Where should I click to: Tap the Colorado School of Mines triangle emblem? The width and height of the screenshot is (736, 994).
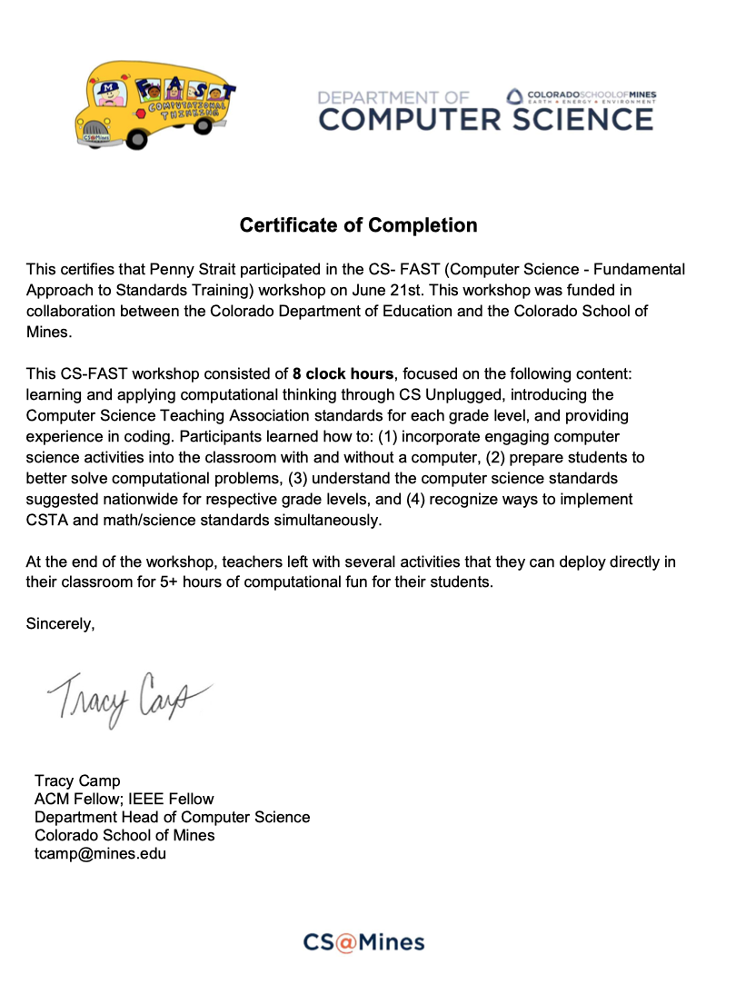pos(514,95)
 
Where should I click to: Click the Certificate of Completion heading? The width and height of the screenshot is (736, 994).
pos(359,224)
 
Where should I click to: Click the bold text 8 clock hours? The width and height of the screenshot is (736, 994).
pos(344,373)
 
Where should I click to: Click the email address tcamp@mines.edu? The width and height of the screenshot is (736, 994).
pos(100,853)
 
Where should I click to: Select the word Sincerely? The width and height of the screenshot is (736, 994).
pos(60,623)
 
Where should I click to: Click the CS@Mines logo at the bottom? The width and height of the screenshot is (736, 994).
pos(363,942)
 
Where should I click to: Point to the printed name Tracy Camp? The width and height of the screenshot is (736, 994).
pos(77,780)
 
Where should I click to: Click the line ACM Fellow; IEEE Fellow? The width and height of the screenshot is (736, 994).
pos(124,799)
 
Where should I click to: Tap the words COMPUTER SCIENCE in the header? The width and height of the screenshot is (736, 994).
pos(485,119)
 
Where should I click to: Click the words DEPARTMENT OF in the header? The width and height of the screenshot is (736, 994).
pos(393,96)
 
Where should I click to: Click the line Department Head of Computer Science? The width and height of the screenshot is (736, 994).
pos(172,817)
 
